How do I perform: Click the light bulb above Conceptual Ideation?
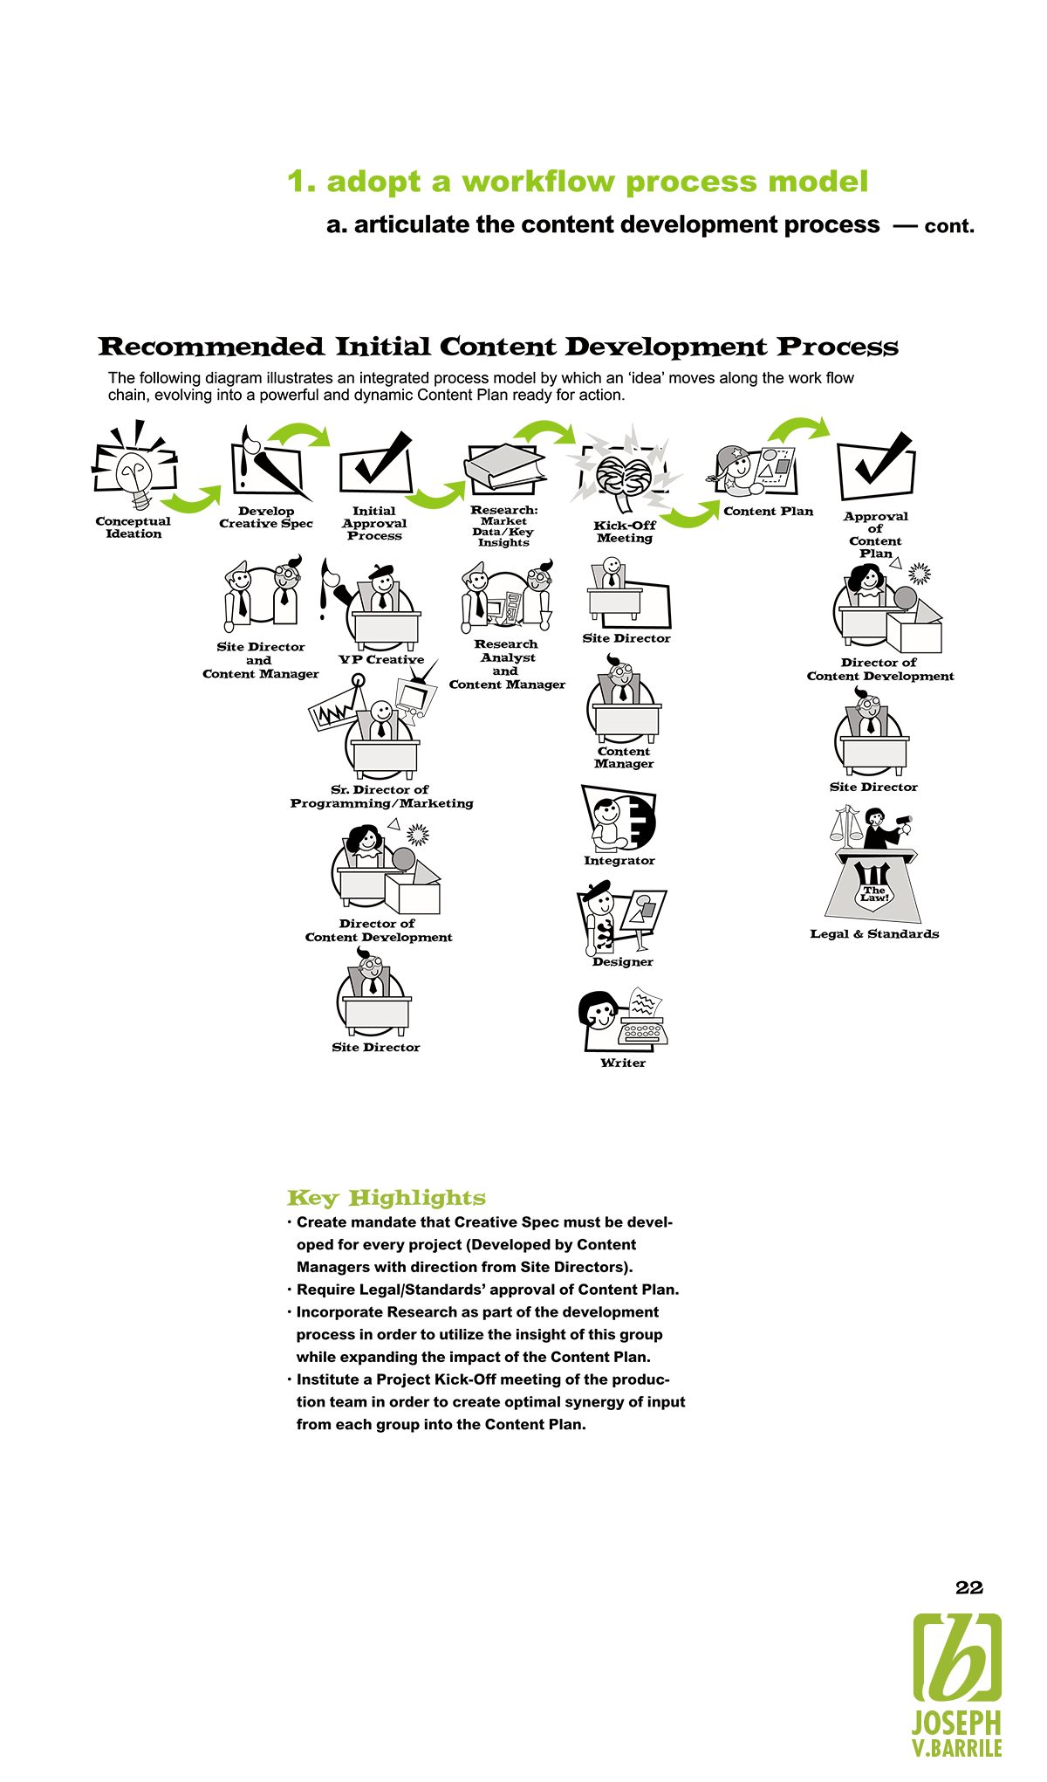[135, 476]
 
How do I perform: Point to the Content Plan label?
[768, 512]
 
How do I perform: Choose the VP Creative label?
[381, 660]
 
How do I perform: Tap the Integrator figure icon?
[619, 819]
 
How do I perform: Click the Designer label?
[622, 962]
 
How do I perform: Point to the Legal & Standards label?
[874, 934]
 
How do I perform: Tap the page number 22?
[969, 1587]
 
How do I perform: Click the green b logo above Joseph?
[957, 1657]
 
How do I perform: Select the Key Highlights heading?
[387, 1198]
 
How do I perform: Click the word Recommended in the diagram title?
[211, 347]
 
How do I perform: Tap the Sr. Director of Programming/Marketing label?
[381, 796]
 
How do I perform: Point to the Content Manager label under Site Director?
[624, 758]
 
